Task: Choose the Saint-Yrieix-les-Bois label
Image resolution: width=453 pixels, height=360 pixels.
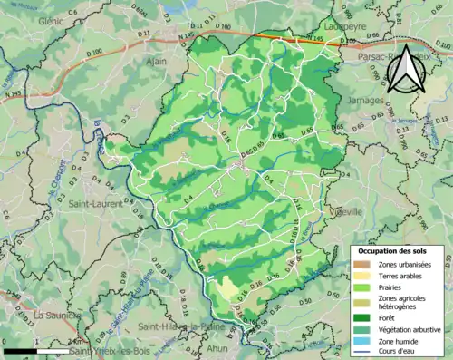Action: coord(109,351)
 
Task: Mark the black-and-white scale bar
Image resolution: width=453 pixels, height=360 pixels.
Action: coord(36,350)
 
